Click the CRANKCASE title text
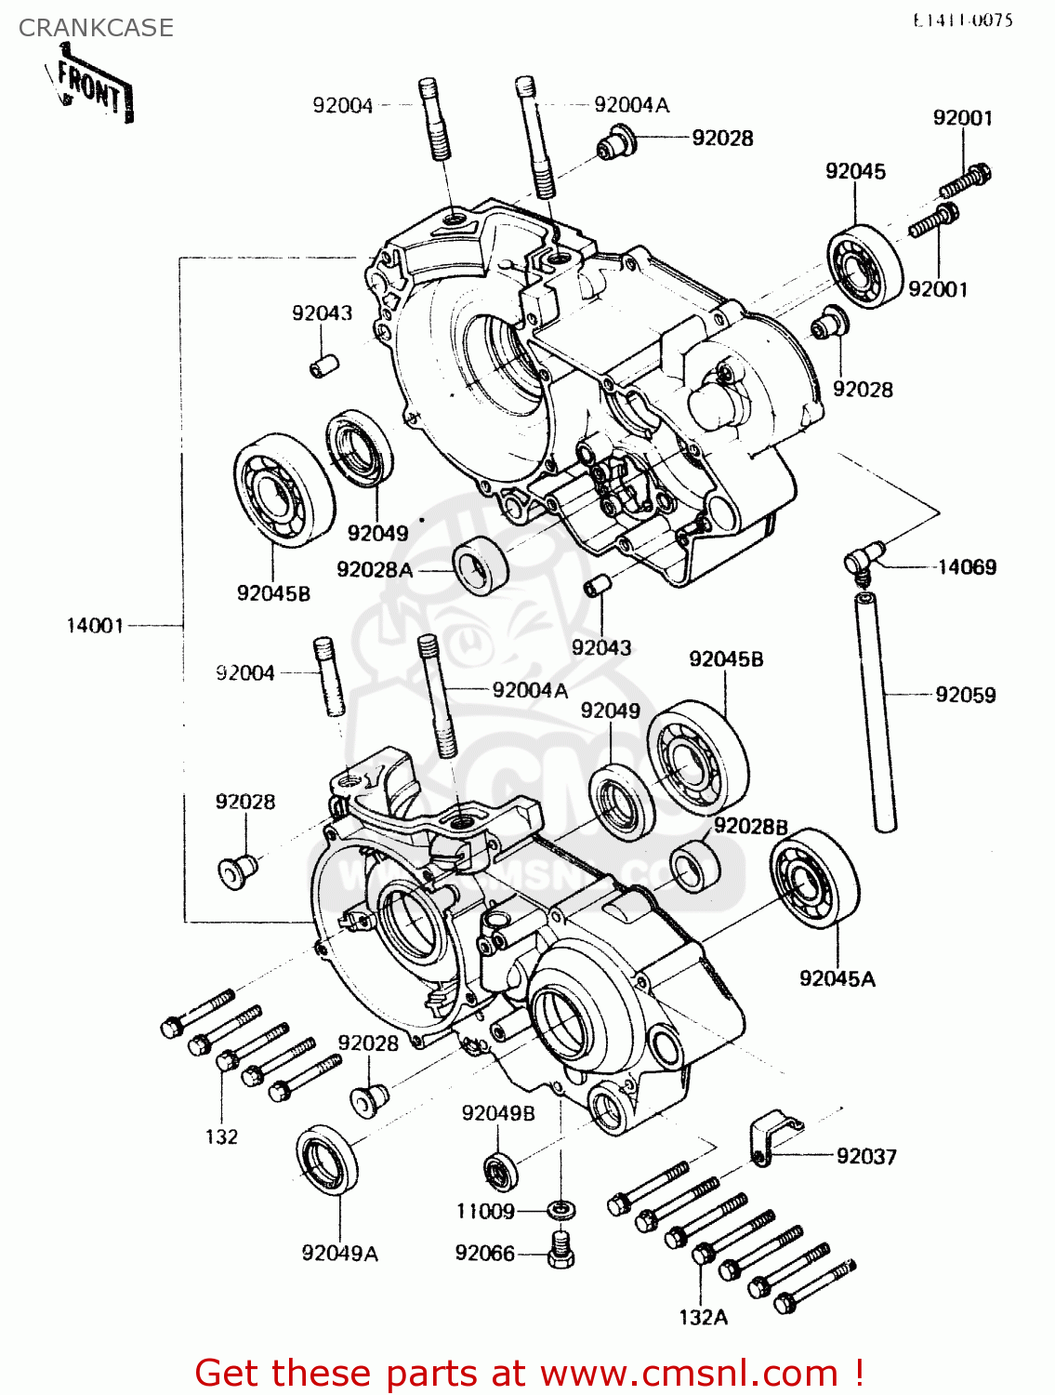tap(96, 28)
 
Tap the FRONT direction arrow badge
tap(93, 89)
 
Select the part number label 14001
tap(95, 626)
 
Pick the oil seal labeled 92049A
tap(327, 1159)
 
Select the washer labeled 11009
tap(560, 1209)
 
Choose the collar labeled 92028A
tap(481, 565)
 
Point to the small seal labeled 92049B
tap(500, 1170)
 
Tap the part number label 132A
tap(703, 1317)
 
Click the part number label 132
tap(221, 1136)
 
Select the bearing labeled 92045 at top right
tap(864, 266)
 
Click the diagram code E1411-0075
tap(962, 20)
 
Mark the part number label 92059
tap(965, 695)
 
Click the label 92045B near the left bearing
tap(273, 593)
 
